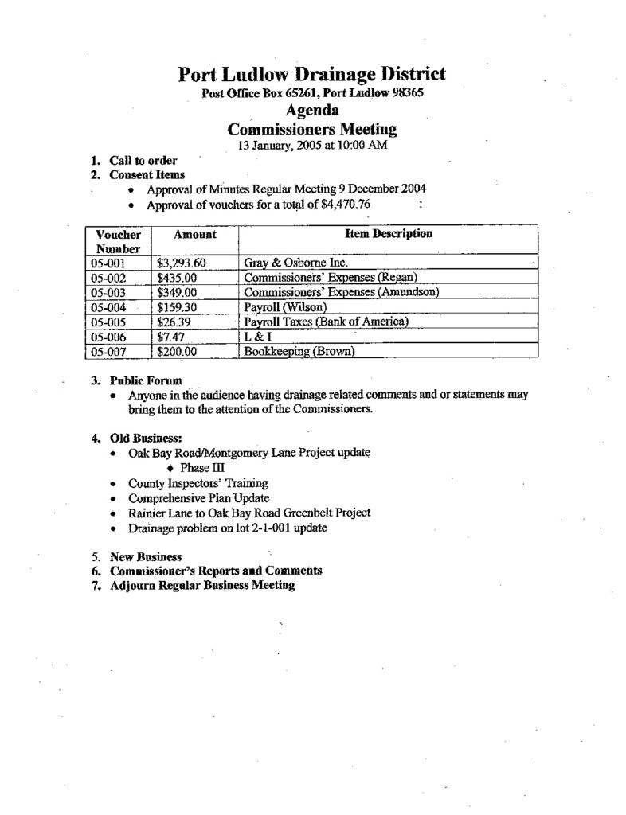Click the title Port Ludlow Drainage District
[x=311, y=75]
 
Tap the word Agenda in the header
[x=311, y=111]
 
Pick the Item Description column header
[x=389, y=234]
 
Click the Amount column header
[x=194, y=235]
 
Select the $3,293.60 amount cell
[x=182, y=263]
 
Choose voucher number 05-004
[x=110, y=306]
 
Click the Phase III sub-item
[x=198, y=468]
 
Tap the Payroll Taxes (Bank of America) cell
[x=326, y=322]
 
